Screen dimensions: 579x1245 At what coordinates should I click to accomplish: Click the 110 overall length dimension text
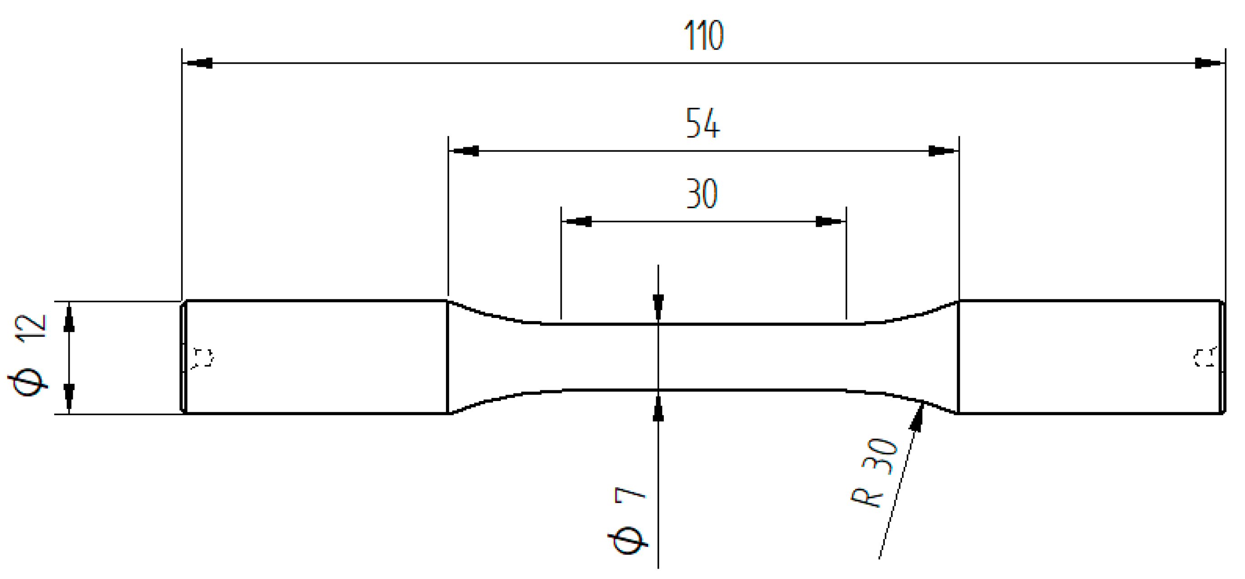point(704,36)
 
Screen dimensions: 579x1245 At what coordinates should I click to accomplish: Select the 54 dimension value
point(703,124)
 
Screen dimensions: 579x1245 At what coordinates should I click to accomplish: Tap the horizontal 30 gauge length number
point(702,194)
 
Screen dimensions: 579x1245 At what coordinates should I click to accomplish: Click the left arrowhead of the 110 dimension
point(199,63)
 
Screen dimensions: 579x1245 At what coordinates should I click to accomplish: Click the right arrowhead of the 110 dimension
point(1208,63)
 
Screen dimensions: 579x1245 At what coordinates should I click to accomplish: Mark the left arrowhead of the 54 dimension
point(465,151)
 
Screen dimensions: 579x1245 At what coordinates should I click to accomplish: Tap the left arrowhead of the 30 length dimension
point(578,222)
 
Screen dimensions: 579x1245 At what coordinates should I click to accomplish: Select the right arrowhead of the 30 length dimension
point(829,222)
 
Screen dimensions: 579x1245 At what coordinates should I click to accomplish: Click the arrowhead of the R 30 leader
point(917,417)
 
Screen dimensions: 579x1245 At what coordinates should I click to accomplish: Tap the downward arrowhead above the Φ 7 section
point(658,306)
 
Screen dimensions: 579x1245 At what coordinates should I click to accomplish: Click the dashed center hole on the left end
point(202,358)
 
